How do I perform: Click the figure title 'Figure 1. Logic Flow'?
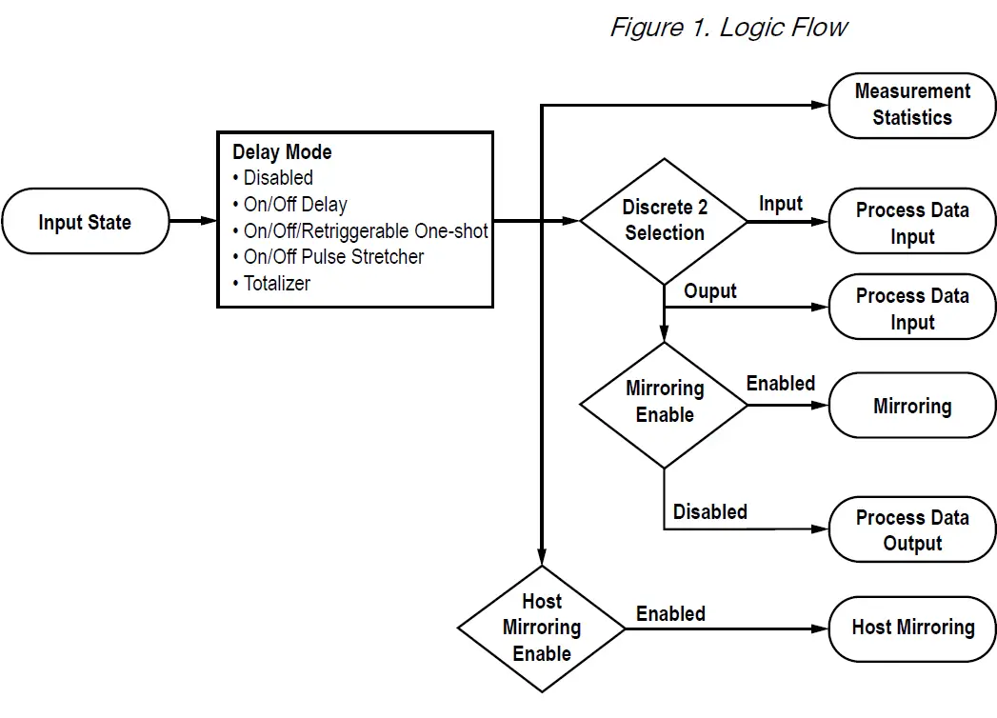[x=728, y=27]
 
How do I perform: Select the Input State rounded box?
[x=85, y=222]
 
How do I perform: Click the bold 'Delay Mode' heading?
[x=282, y=152]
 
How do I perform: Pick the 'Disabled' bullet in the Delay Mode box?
[x=277, y=178]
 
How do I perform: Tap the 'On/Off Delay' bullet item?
[x=294, y=205]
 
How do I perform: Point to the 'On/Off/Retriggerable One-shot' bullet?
[x=365, y=231]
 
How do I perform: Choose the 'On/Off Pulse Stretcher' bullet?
[x=333, y=257]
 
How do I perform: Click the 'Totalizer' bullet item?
[x=276, y=284]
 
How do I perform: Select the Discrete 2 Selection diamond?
[x=664, y=221]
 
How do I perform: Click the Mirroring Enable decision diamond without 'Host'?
[x=664, y=403]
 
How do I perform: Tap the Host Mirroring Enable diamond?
[x=541, y=628]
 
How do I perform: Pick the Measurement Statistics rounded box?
[x=911, y=105]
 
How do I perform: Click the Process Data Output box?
[x=911, y=530]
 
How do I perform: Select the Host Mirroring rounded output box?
[x=911, y=628]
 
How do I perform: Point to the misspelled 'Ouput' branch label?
[x=710, y=291]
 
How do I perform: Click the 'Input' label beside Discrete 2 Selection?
[x=781, y=204]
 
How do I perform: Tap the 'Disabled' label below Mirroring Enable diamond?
[x=709, y=512]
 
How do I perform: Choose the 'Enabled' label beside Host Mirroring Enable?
[x=670, y=614]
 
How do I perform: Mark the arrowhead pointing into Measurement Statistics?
[x=819, y=105]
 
